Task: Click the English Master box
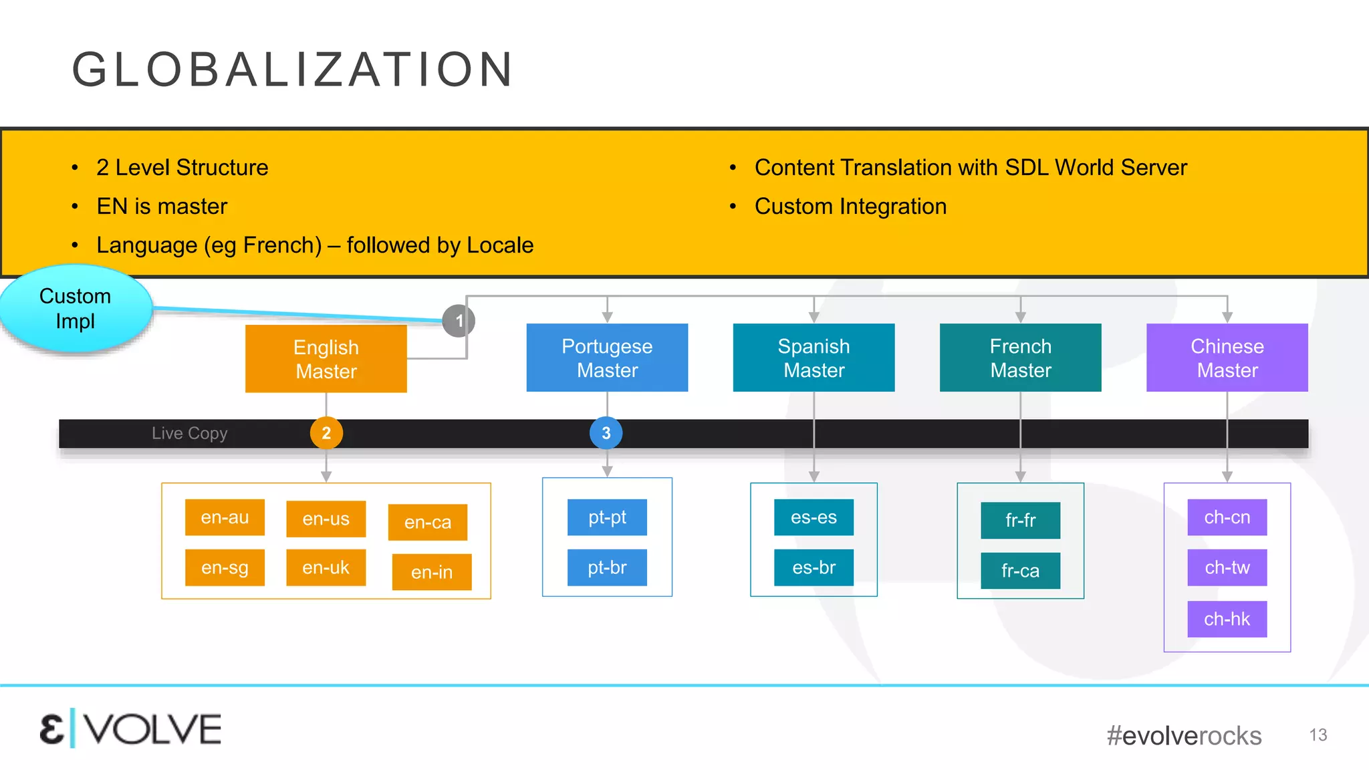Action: [326, 359]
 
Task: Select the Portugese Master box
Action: [607, 358]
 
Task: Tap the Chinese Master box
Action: [1227, 358]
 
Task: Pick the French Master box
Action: [1020, 358]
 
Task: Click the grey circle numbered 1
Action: [459, 321]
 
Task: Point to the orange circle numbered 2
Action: [326, 433]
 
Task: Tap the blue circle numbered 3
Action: [606, 433]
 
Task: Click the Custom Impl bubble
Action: [76, 309]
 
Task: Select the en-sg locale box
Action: [225, 567]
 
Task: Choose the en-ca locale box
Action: [428, 522]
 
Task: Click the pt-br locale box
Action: [607, 567]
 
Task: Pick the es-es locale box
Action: [814, 517]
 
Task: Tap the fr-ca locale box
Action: [1020, 571]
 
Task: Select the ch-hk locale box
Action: [1227, 619]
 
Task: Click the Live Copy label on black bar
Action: [190, 433]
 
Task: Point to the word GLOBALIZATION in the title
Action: [293, 70]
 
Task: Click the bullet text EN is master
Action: [162, 206]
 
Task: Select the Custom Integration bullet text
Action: [850, 206]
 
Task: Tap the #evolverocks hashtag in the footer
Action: [1184, 735]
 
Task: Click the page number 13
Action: [1318, 735]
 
